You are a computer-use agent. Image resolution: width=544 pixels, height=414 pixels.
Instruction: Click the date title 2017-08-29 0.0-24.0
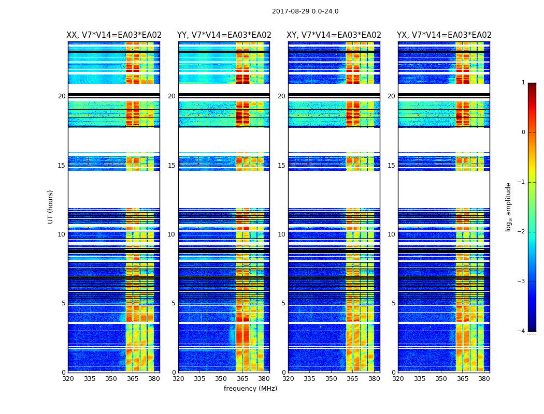point(305,11)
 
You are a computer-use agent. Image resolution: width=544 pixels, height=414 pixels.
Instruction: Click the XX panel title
point(114,35)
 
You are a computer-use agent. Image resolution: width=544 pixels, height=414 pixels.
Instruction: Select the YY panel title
point(224,35)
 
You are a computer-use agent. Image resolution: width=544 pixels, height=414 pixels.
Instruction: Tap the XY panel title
point(334,35)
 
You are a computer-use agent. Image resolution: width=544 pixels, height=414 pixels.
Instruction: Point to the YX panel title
point(444,35)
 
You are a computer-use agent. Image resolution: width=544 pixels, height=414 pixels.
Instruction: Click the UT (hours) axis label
point(51,206)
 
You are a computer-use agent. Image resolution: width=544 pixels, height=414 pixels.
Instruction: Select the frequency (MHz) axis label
point(250,389)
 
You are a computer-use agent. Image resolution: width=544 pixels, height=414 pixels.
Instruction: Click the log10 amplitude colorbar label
point(509,206)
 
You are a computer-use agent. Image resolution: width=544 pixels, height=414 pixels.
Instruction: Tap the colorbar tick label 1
point(523,83)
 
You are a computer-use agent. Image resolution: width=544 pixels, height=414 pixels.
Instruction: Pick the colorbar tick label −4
point(522,331)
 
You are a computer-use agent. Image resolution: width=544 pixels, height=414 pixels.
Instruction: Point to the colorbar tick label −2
point(522,232)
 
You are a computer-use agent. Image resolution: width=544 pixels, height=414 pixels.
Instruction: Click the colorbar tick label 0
point(523,132)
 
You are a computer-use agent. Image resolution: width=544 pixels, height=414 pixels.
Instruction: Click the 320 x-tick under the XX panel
point(68,379)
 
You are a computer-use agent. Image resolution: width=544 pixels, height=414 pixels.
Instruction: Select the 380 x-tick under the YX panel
point(484,379)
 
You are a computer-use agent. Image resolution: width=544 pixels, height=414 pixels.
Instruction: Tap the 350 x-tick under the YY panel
point(221,379)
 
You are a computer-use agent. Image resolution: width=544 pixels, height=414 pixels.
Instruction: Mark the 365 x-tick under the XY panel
point(352,379)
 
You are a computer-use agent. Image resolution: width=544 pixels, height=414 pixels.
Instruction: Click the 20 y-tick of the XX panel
point(62,96)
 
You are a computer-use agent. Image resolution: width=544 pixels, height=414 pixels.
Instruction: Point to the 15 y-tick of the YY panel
point(171,166)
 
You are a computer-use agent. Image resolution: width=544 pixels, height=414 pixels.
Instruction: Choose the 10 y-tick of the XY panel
point(281,234)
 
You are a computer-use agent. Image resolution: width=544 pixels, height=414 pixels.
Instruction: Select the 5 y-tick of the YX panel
point(393,303)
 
